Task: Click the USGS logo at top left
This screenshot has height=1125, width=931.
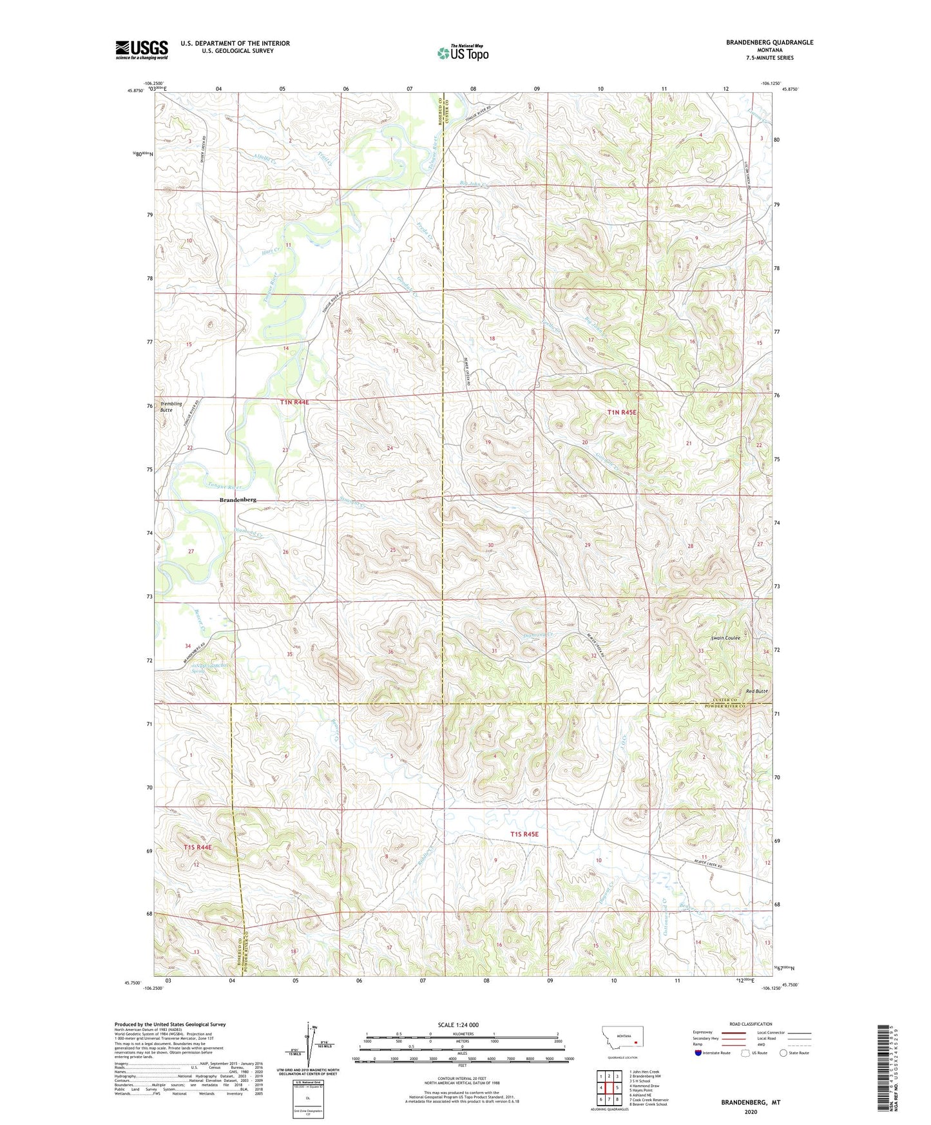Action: click(x=142, y=50)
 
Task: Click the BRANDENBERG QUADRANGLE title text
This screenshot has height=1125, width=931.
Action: click(x=769, y=43)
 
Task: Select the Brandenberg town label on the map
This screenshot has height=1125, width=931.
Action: click(x=238, y=500)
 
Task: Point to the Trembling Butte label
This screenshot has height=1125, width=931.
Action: click(x=171, y=407)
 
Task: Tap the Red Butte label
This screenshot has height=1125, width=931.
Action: click(x=756, y=691)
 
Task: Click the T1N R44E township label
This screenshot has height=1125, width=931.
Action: click(x=294, y=402)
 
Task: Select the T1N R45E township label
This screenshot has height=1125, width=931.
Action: click(x=622, y=412)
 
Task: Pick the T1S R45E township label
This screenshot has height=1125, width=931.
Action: click(x=524, y=834)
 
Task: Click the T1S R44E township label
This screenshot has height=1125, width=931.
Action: click(x=197, y=846)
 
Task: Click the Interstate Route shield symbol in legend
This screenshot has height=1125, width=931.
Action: click(x=698, y=1053)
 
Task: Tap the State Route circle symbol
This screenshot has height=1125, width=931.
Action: click(x=783, y=1053)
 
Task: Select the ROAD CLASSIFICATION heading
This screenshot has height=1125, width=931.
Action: click(x=751, y=1024)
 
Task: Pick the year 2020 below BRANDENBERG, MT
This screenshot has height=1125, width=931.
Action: click(x=751, y=1111)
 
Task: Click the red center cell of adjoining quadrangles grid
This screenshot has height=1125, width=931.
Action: click(x=609, y=1088)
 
